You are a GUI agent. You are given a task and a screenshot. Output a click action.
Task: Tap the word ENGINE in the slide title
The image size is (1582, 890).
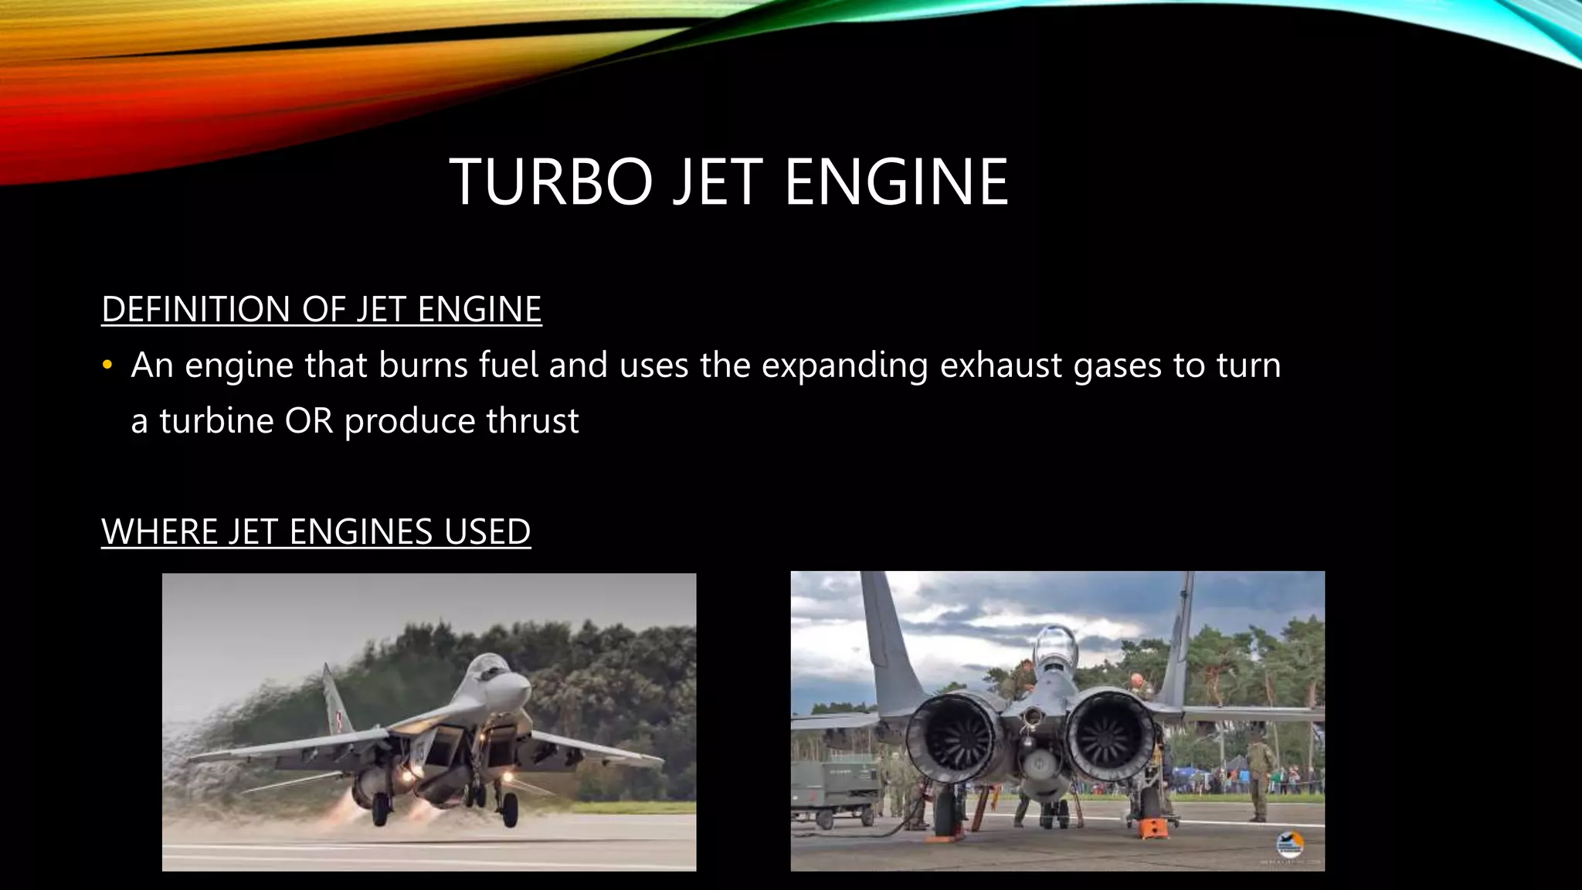point(896,182)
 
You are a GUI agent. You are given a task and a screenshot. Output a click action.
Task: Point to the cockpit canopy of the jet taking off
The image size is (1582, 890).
point(488,664)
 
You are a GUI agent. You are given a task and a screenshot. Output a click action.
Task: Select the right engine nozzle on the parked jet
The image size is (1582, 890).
point(1109,734)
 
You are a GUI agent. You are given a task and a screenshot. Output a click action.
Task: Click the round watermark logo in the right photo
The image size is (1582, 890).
point(1289,844)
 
